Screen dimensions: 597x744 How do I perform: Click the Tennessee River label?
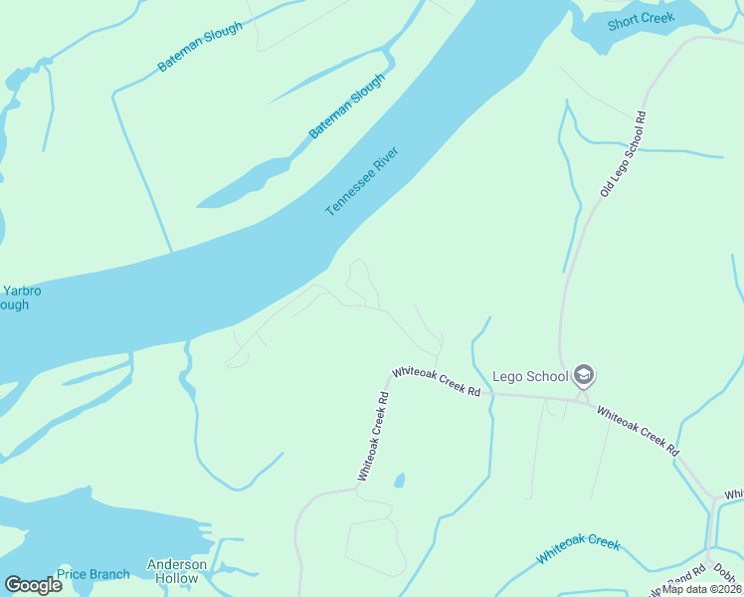pyautogui.click(x=362, y=182)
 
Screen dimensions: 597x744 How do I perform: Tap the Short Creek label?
pyautogui.click(x=641, y=18)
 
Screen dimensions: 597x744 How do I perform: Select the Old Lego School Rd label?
pyautogui.click(x=624, y=153)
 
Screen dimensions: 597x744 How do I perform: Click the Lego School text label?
pyautogui.click(x=530, y=376)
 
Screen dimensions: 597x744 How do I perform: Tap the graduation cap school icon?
pyautogui.click(x=584, y=376)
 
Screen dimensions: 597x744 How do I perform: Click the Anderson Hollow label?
pyautogui.click(x=177, y=571)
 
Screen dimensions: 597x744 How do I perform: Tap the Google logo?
pyautogui.click(x=33, y=585)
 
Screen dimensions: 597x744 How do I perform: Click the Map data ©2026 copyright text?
pyautogui.click(x=702, y=589)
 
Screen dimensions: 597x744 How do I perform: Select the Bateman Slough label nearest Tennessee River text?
pyautogui.click(x=345, y=106)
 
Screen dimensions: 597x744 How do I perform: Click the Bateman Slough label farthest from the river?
pyautogui.click(x=199, y=47)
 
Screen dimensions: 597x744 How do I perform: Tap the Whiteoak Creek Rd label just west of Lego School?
pyautogui.click(x=437, y=380)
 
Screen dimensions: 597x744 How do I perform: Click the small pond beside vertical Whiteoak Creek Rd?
pyautogui.click(x=399, y=482)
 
